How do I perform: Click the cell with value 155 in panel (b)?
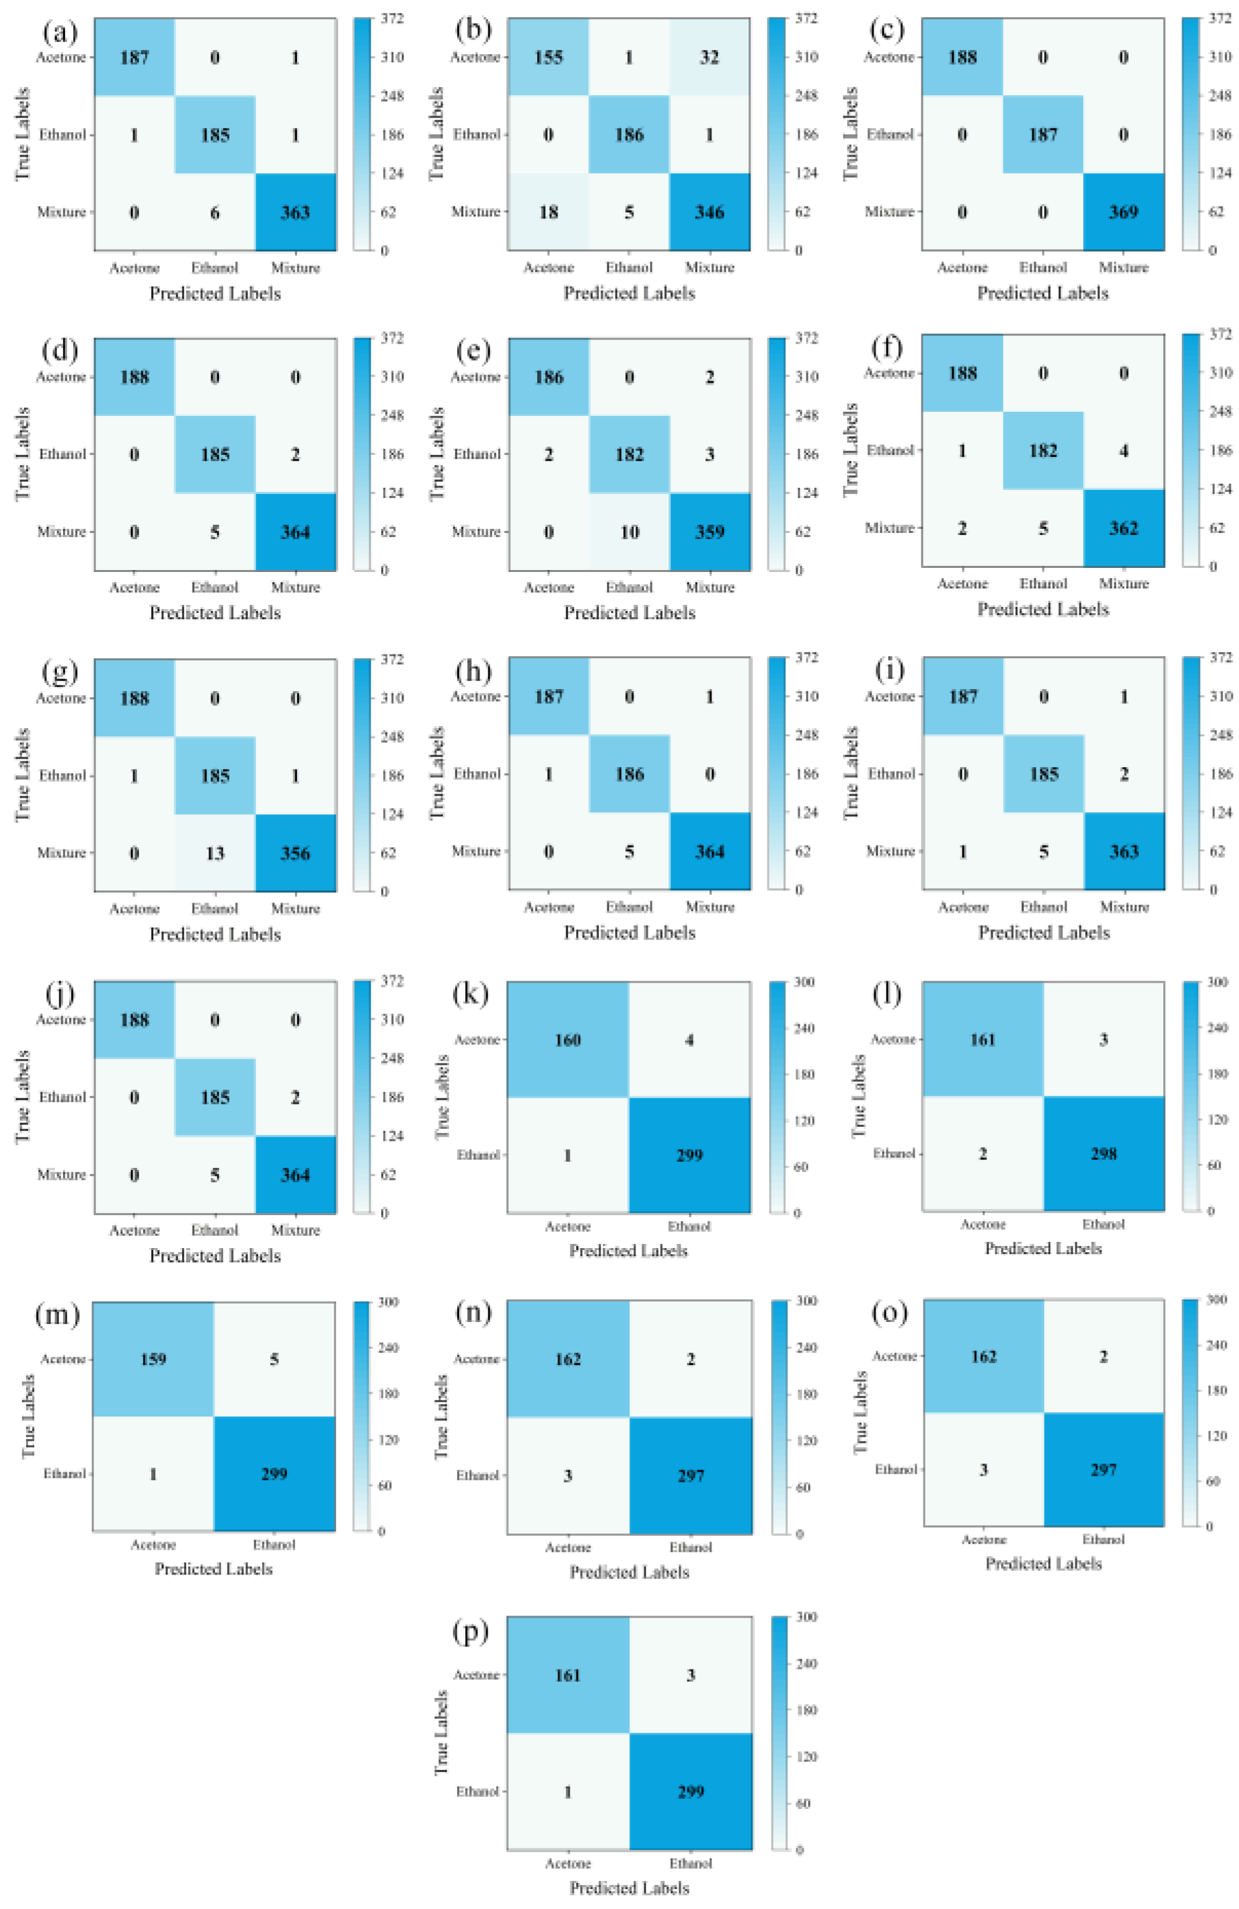549,57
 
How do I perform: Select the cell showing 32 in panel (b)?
709,57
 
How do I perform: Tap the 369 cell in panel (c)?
1123,211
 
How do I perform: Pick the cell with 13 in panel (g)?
215,853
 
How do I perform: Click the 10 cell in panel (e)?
629,532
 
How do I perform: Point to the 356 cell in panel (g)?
295,853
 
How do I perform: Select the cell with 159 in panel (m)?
153,1359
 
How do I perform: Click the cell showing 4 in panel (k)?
690,1039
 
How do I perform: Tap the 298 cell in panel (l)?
1104,1154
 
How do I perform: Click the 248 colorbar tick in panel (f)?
1220,411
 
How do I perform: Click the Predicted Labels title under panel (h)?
629,932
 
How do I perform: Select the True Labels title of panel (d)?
23,454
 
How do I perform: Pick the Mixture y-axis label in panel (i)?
890,851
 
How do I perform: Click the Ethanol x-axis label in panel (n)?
690,1547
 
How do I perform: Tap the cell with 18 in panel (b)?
549,211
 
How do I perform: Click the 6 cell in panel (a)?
215,211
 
